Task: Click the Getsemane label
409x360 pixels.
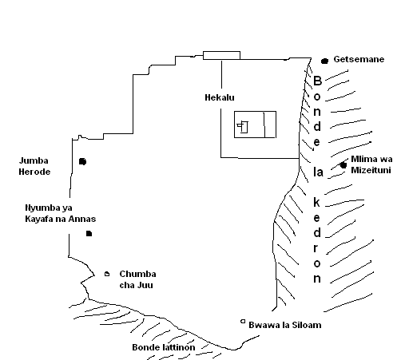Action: (359, 59)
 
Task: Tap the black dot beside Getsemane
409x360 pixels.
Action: (324, 61)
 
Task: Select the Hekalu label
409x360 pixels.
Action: (220, 97)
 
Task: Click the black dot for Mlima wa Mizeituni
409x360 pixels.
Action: (343, 165)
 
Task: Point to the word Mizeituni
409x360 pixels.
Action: (371, 170)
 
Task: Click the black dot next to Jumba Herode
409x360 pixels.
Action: (82, 161)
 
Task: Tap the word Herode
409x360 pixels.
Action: (34, 172)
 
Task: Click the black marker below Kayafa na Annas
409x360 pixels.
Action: (89, 234)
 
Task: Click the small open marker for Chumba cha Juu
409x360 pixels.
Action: (107, 274)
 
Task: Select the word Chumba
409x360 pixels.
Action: (137, 274)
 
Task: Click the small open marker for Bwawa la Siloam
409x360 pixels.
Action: (243, 322)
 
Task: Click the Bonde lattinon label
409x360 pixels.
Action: (164, 347)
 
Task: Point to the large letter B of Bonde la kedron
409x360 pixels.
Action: (317, 81)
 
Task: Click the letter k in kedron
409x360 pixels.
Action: (316, 202)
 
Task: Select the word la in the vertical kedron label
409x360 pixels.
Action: (318, 172)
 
